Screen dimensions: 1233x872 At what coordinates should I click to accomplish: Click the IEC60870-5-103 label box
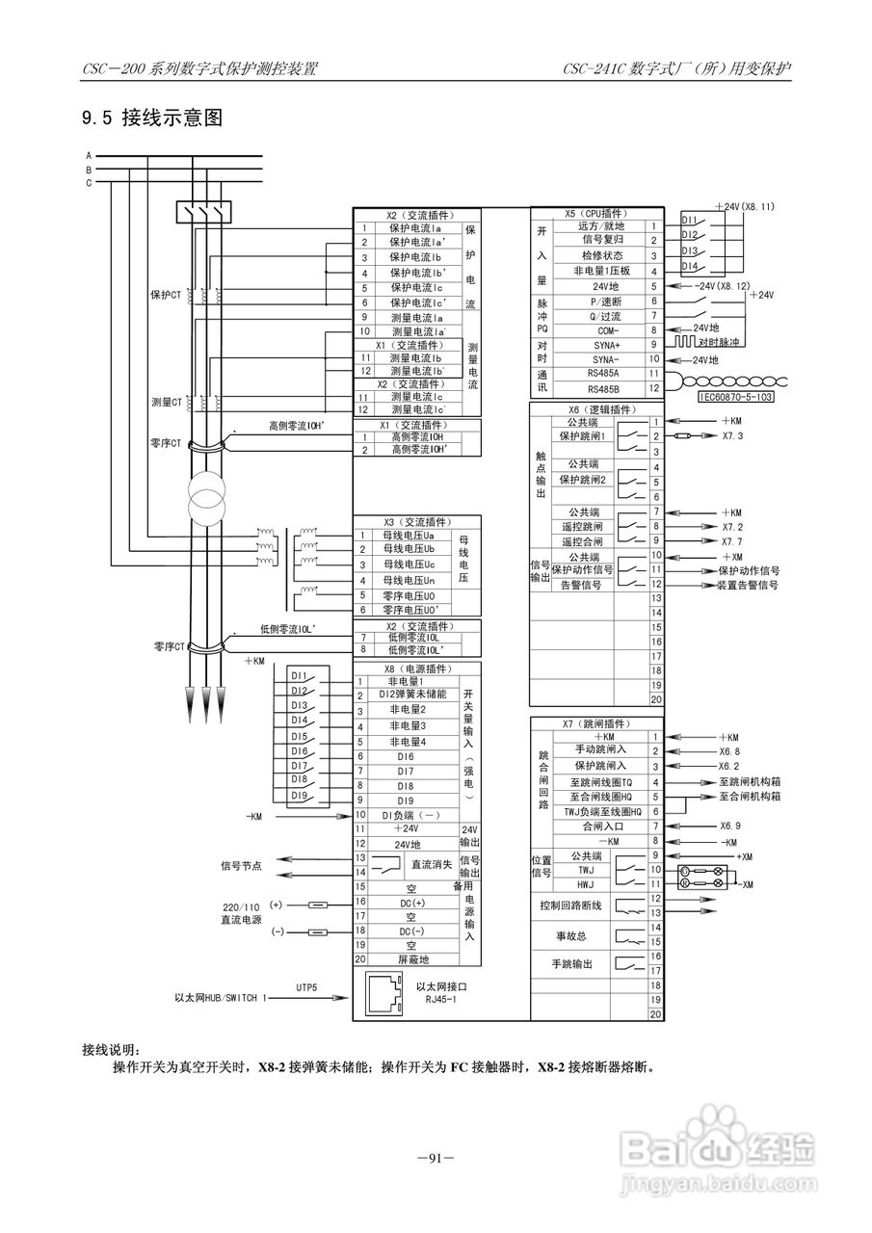[x=736, y=395]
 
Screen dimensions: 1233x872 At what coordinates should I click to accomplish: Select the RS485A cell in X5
[x=603, y=373]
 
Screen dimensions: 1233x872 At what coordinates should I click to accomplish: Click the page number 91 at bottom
[x=436, y=1158]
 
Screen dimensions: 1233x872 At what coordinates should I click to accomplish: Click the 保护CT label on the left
[x=166, y=295]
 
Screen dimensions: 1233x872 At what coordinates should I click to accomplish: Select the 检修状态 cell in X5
[x=602, y=255]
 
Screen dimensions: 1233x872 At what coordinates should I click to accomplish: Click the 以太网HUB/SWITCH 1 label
[x=222, y=999]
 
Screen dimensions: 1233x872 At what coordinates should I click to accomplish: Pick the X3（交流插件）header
[x=417, y=521]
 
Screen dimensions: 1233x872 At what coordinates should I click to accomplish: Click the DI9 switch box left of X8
[x=300, y=796]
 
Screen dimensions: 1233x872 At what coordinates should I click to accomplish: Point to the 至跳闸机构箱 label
[x=750, y=782]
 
